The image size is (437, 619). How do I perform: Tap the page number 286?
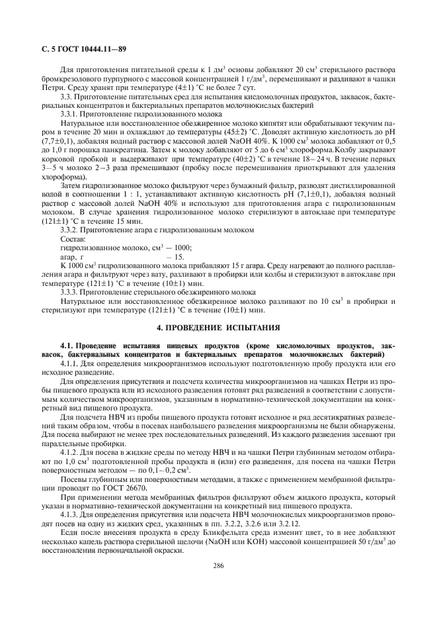click(218, 584)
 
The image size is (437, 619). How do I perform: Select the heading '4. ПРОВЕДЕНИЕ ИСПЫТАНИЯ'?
click(218, 327)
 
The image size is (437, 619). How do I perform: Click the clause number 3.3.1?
click(71, 114)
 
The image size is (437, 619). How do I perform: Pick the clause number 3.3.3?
click(71, 292)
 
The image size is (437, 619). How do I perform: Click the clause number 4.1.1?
click(71, 363)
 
